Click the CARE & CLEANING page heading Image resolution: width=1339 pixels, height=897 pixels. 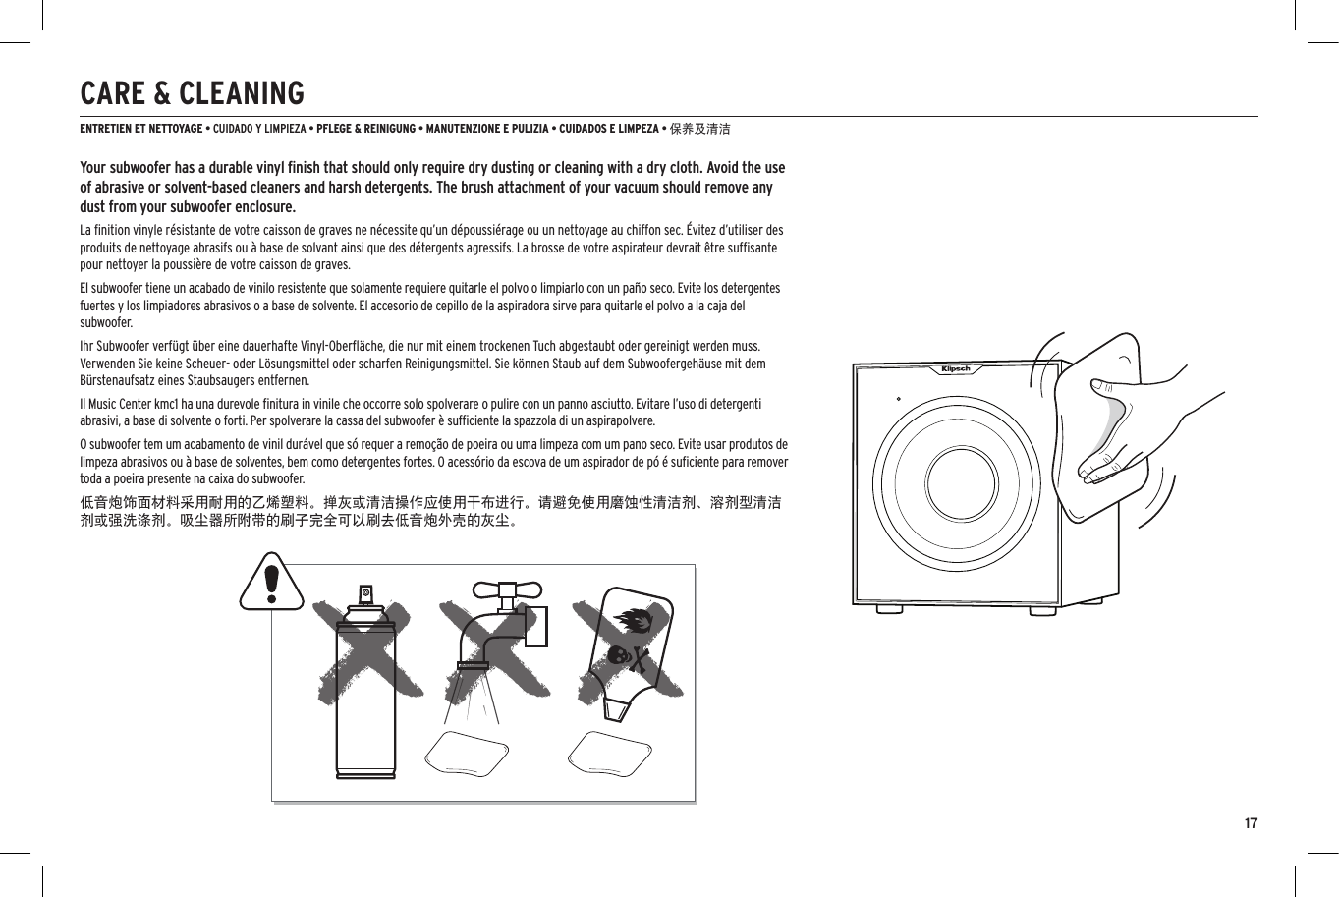pyautogui.click(x=192, y=93)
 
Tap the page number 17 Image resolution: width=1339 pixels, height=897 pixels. pyautogui.click(x=1251, y=823)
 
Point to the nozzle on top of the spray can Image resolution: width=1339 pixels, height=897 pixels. pyautogui.click(x=365, y=594)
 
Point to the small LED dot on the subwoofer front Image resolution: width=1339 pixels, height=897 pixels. pyautogui.click(x=899, y=399)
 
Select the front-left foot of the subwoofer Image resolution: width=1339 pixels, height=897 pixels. pyautogui.click(x=889, y=609)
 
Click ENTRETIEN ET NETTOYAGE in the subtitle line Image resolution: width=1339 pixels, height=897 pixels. pyautogui.click(x=141, y=129)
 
